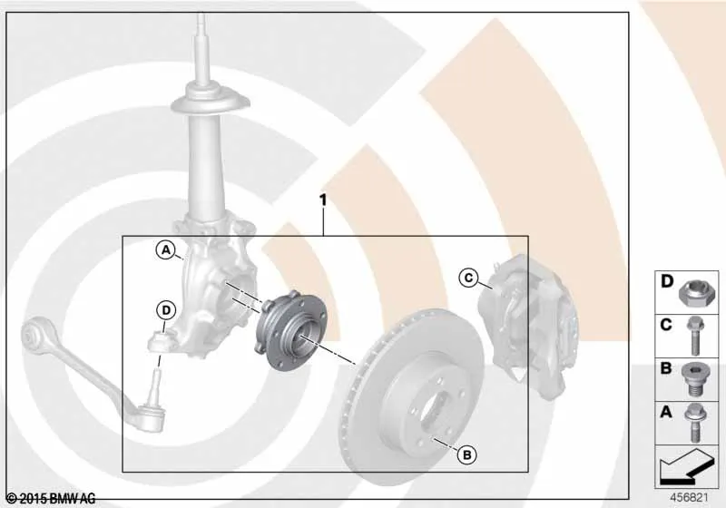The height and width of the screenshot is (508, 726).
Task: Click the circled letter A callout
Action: (165, 250)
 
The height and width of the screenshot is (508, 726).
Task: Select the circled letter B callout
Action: (466, 455)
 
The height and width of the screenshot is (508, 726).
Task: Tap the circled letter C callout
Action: (468, 278)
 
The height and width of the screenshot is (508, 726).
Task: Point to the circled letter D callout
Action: (166, 310)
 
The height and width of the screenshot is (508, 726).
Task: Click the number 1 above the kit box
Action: (323, 200)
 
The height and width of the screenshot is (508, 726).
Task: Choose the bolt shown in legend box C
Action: (694, 336)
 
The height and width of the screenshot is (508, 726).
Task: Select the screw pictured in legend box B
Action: (693, 379)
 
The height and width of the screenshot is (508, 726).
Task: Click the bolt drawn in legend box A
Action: (693, 423)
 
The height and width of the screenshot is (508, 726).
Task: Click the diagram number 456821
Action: (690, 498)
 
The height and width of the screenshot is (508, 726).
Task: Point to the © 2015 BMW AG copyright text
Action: (52, 499)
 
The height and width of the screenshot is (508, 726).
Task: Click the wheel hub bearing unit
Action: (290, 330)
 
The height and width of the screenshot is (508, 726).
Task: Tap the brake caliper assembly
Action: (527, 324)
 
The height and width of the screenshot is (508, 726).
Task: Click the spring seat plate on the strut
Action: (211, 103)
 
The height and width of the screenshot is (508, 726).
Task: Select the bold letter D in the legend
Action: (667, 281)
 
